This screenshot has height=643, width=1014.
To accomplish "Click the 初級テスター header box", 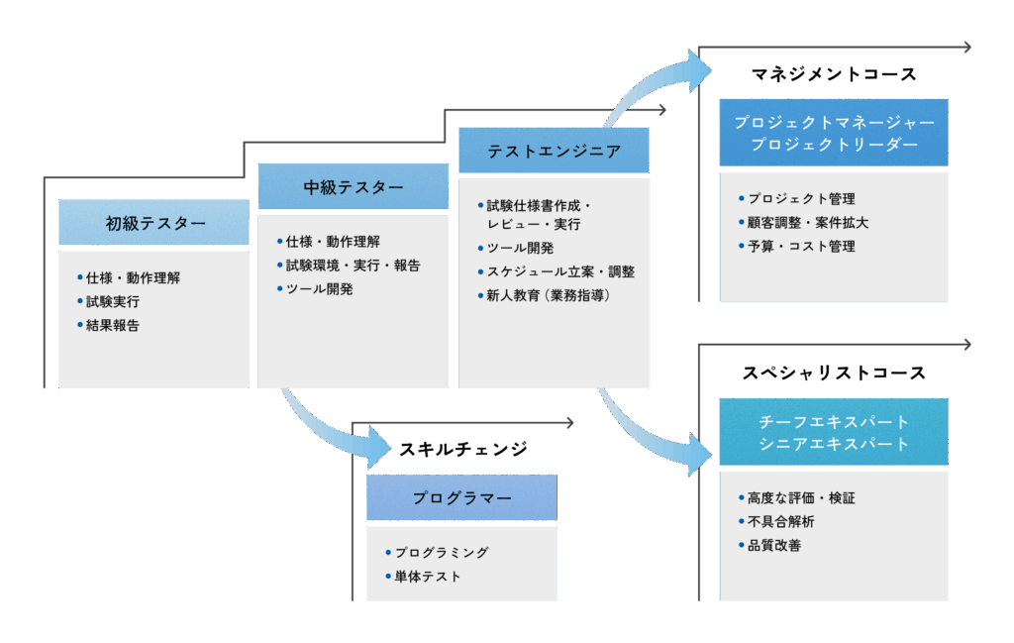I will coord(153,223).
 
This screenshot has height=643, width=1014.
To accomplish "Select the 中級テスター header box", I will coord(354,187).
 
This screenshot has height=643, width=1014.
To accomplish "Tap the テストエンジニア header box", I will coord(554,152).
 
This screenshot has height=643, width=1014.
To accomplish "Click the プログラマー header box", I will coord(461,497).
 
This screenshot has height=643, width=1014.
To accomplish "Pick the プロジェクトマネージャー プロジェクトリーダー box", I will coord(833,133).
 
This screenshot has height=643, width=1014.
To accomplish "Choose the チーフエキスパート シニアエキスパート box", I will coord(833,432).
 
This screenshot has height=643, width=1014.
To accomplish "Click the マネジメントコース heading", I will coord(833,74).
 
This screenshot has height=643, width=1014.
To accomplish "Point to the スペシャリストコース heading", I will coord(833,374).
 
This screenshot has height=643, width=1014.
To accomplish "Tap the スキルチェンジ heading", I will coord(462,449).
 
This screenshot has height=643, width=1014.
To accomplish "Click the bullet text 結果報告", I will coord(112,325).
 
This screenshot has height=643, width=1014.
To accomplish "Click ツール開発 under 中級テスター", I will coord(319,289).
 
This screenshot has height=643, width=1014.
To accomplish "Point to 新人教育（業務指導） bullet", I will coord(548,295).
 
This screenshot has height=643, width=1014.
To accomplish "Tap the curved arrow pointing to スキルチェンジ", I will coord(327,426).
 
